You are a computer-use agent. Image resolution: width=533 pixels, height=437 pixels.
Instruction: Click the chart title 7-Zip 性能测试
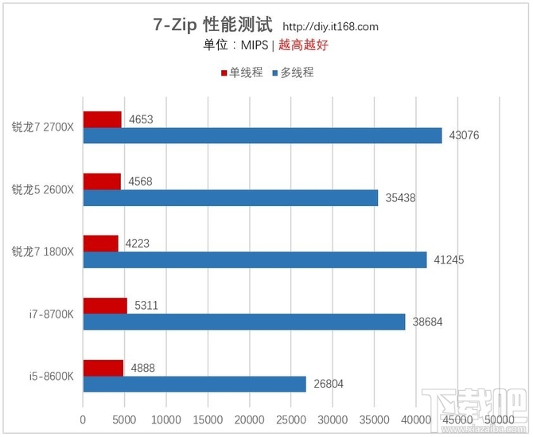(212, 25)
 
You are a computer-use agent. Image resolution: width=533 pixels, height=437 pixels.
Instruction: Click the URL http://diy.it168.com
(330, 26)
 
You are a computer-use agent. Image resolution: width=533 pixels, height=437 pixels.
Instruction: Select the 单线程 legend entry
(241, 72)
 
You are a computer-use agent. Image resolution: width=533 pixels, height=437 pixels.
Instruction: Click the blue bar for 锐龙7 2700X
(262, 135)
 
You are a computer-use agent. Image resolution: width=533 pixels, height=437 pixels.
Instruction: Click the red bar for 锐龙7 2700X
(102, 119)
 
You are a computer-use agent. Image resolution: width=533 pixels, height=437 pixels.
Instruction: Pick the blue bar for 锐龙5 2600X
(230, 197)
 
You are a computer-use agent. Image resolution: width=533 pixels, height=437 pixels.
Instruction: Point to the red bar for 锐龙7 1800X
(100, 244)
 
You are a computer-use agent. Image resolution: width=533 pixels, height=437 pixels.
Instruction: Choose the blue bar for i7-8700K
(243, 322)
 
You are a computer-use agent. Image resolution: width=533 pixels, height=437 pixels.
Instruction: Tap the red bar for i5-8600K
(103, 368)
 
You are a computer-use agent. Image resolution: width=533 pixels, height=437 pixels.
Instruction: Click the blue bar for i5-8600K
(194, 384)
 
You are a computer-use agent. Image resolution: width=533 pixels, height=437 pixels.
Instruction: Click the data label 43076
(464, 135)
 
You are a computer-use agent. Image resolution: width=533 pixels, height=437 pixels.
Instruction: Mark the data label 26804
(329, 384)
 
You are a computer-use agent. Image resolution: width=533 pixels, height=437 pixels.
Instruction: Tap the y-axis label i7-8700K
(51, 314)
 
